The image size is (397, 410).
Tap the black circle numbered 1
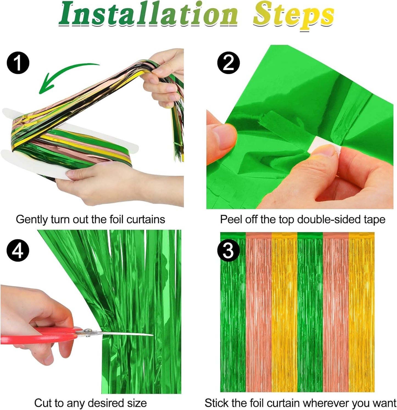point(18,63)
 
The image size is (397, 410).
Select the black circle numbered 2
point(228,63)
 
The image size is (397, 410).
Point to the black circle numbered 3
point(228,250)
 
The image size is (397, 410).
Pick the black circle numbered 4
point(18,250)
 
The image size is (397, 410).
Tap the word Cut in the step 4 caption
point(43,403)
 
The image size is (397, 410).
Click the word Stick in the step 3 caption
point(217,403)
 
